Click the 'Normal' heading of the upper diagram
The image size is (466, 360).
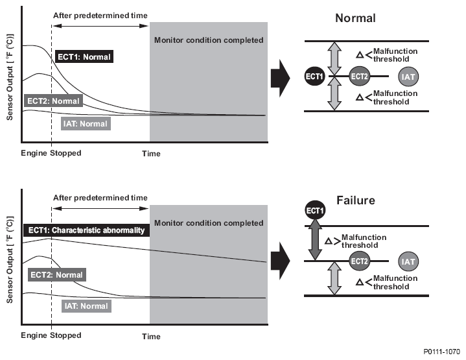355,18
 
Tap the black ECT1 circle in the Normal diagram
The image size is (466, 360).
315,77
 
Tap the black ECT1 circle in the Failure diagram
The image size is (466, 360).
315,211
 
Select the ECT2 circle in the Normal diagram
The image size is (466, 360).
360,77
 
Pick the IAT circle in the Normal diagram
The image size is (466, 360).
408,77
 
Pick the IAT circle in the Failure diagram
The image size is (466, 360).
408,261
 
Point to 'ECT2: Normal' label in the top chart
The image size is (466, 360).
53,101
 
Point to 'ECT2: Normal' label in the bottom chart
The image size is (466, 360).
56,275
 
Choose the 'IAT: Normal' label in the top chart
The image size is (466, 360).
84,123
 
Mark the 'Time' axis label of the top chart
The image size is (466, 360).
151,154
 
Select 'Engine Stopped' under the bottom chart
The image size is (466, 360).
51,335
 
